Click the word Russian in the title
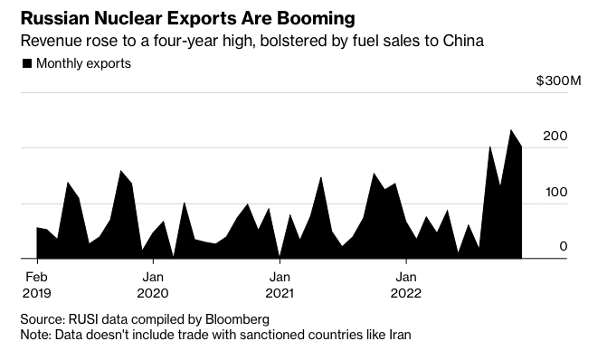55,18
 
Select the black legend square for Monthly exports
27,63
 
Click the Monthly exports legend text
83,63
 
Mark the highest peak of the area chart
512,130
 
